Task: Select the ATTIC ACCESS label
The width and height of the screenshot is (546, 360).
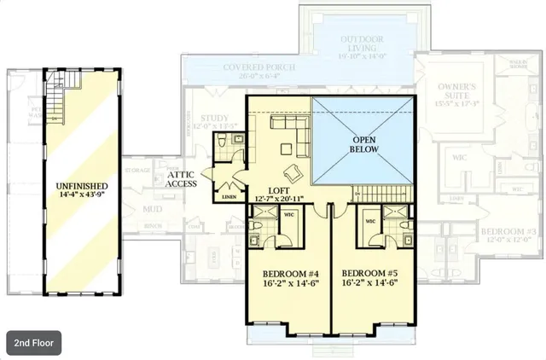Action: click(x=182, y=179)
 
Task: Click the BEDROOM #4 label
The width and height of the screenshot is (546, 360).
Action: click(x=287, y=275)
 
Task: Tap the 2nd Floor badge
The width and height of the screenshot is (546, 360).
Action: click(x=34, y=344)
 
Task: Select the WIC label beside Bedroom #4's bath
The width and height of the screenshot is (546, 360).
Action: click(x=288, y=213)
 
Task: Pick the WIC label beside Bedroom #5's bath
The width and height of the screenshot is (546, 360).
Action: click(x=371, y=221)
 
